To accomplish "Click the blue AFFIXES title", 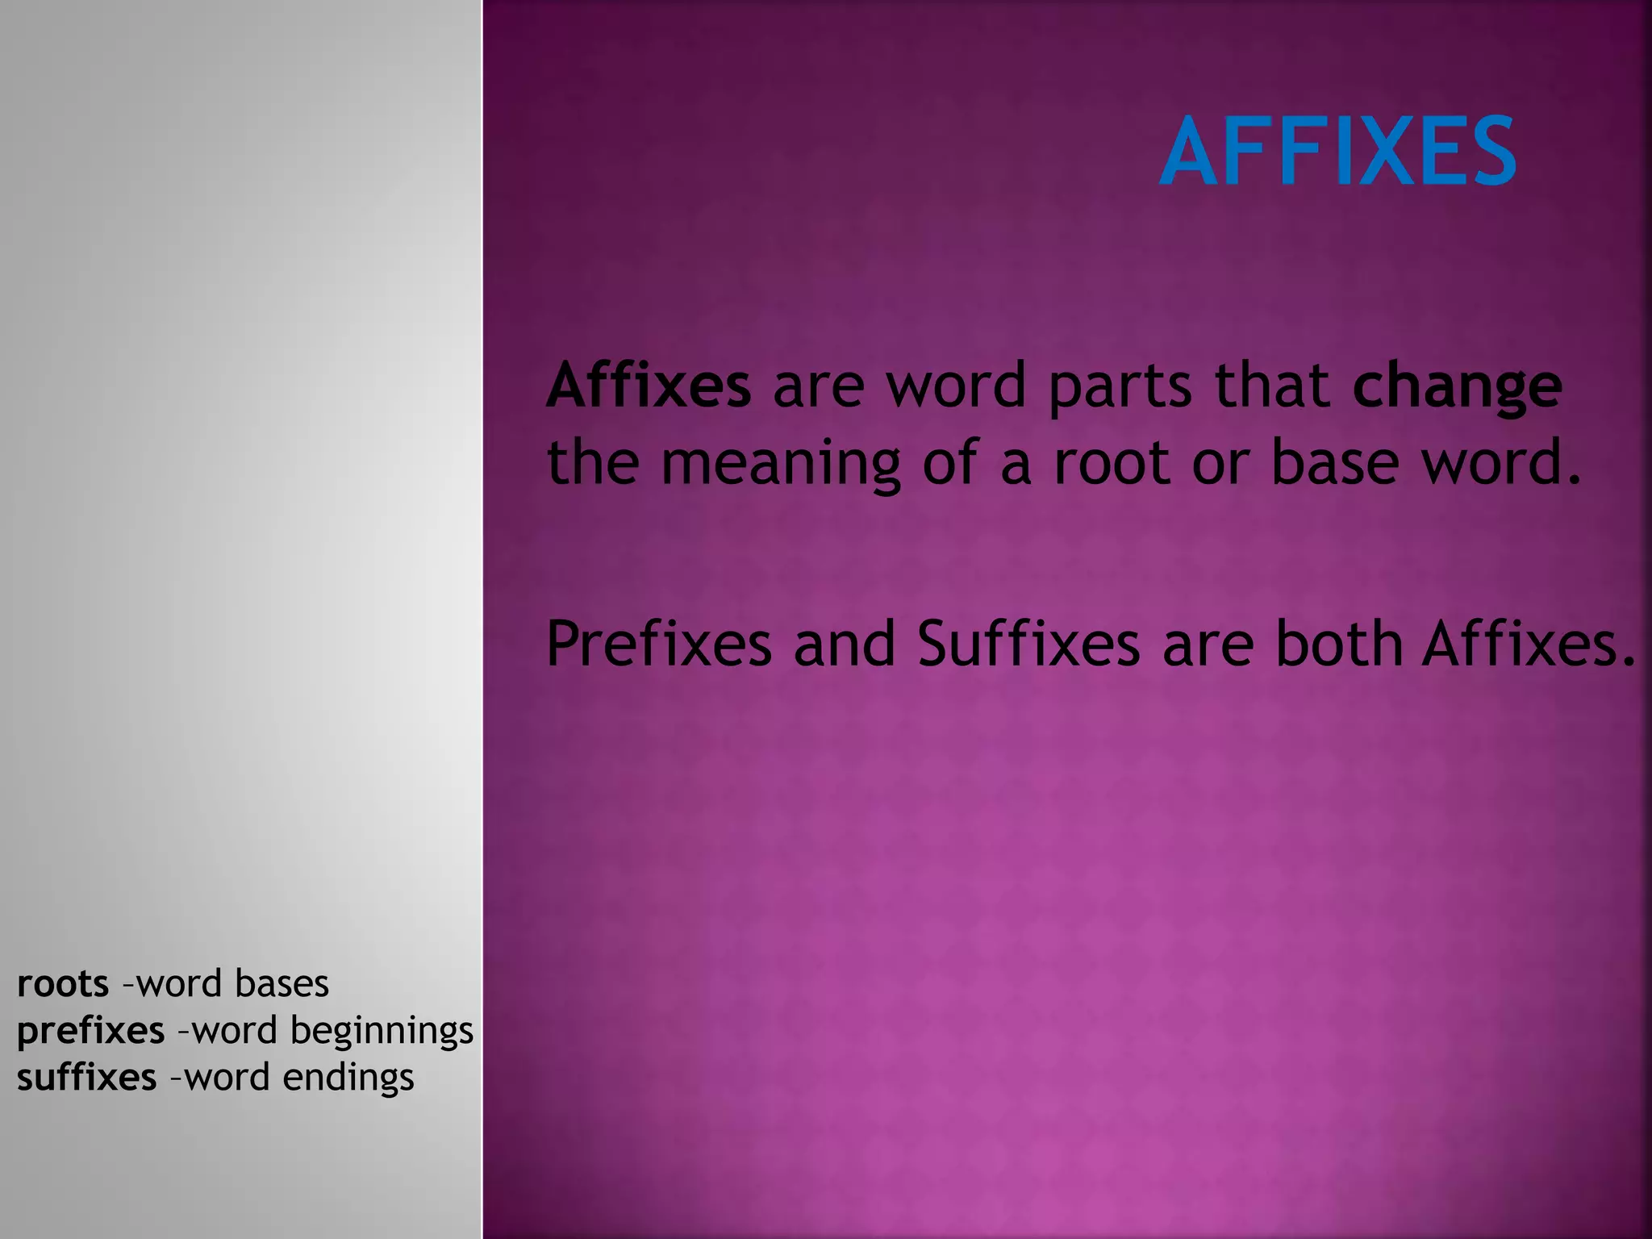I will (x=1337, y=151).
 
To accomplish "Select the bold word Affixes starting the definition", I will (x=649, y=386).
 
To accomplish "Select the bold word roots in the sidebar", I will (x=63, y=983).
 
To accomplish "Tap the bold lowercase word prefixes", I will (x=90, y=1032).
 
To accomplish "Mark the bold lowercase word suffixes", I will (x=86, y=1078).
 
